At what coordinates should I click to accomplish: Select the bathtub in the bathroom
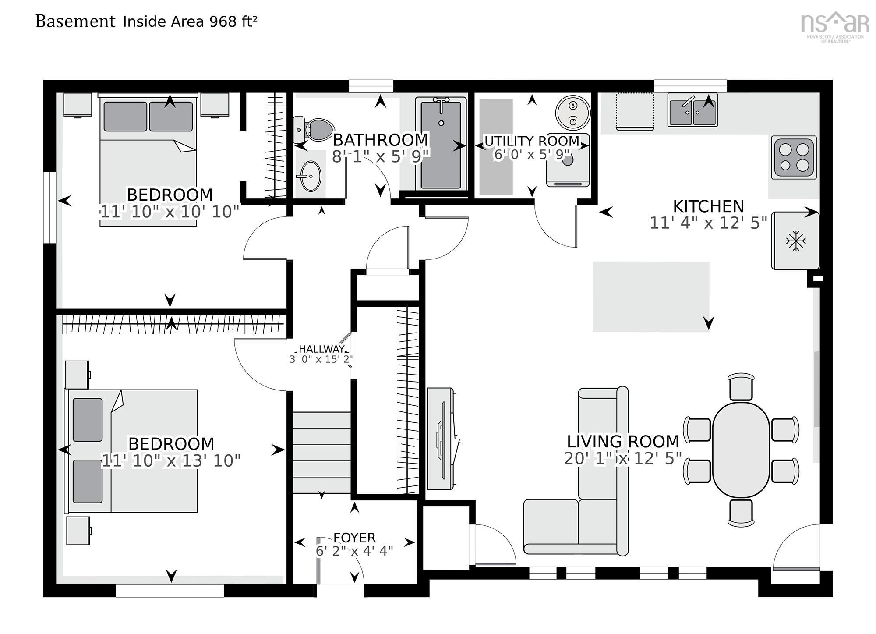click(x=441, y=144)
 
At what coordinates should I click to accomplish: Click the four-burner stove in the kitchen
click(x=794, y=157)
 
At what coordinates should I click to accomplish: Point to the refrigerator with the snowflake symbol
click(x=795, y=241)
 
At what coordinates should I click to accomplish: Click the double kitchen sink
click(x=692, y=110)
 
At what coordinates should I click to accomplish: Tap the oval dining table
click(x=741, y=450)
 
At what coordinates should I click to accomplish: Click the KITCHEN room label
click(x=708, y=206)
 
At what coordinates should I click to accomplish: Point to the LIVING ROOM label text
click(x=623, y=441)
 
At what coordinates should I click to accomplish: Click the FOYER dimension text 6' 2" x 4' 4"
click(x=354, y=551)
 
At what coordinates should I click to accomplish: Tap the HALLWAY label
click(x=321, y=349)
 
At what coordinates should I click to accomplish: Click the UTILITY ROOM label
click(x=532, y=141)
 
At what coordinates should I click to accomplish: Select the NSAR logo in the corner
click(x=835, y=26)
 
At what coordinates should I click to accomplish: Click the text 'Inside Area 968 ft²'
click(x=190, y=21)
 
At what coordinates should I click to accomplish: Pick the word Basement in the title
click(x=75, y=21)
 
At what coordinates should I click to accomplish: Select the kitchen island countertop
click(x=651, y=297)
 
